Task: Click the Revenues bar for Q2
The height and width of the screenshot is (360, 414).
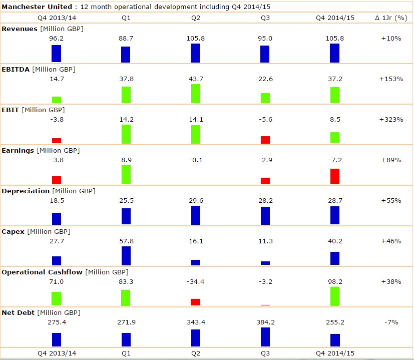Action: coord(195,53)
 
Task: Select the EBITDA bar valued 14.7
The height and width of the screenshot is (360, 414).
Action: coord(57,100)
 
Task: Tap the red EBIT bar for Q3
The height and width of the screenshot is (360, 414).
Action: coord(265,140)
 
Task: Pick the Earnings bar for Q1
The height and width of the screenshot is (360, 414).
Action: coord(126,174)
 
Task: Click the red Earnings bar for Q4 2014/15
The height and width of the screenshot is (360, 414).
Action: coord(334,176)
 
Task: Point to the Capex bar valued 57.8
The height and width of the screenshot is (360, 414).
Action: coord(126,255)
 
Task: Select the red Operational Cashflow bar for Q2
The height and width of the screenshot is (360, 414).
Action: coord(195,302)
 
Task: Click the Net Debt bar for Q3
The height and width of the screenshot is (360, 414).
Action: coord(265,337)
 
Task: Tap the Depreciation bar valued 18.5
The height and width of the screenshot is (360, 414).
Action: coord(57,218)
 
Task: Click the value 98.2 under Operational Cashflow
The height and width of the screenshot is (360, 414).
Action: coord(334,282)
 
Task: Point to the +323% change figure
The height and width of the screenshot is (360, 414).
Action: coord(391,120)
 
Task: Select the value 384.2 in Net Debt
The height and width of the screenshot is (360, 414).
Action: coord(265,322)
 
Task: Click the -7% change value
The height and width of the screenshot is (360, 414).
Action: coord(391,322)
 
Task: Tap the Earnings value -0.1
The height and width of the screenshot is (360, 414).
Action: coord(195,160)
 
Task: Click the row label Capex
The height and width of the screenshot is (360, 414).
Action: coord(13,231)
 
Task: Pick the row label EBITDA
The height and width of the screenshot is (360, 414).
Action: coord(16,69)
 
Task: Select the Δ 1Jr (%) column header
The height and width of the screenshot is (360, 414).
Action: coord(391,18)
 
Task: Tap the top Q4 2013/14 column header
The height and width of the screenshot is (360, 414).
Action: coord(57,18)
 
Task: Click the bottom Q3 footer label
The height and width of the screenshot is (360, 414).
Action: coord(265,353)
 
